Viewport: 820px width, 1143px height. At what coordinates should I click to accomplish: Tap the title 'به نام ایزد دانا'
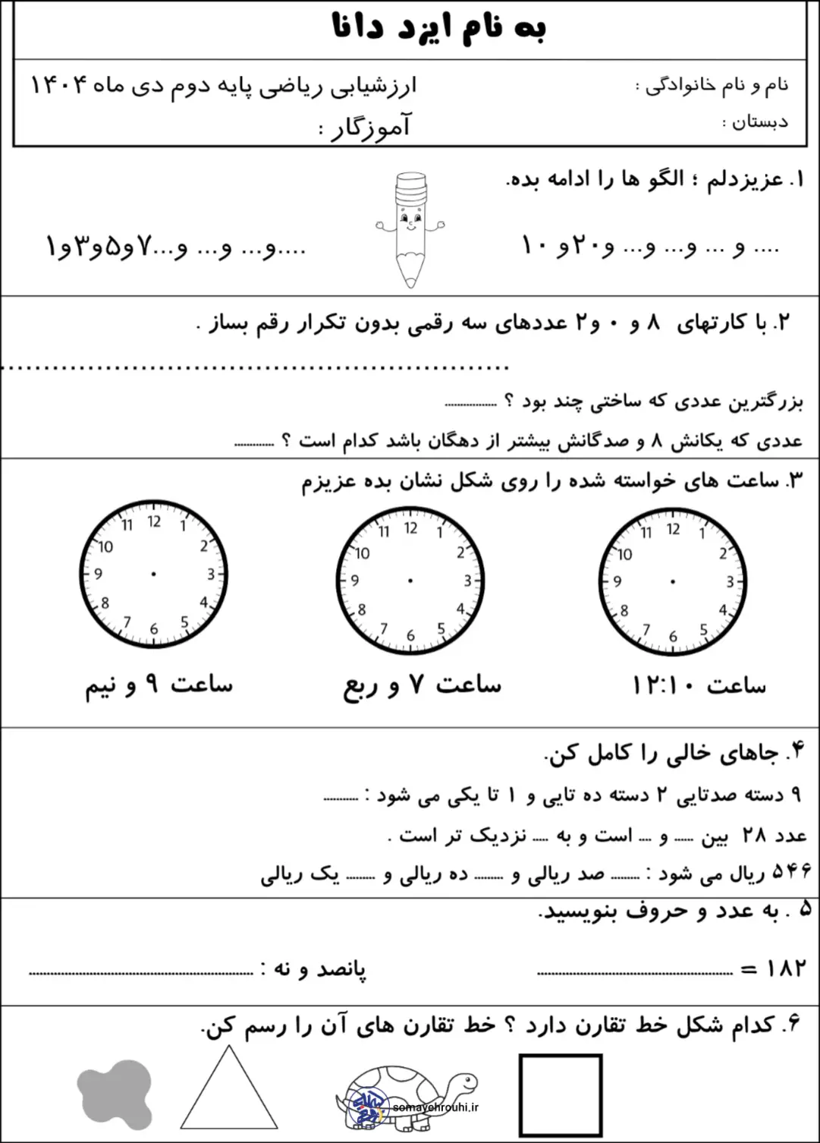(439, 28)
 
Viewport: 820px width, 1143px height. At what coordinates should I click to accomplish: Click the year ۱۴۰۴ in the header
(61, 85)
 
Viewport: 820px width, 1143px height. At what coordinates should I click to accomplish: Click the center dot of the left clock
(154, 574)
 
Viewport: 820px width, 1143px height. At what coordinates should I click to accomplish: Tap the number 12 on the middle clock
(410, 527)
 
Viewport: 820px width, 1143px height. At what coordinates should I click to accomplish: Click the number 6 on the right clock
(673, 637)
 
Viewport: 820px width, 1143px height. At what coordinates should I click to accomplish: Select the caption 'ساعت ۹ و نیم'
(159, 685)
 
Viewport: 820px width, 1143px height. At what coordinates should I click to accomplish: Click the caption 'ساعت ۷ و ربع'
(422, 685)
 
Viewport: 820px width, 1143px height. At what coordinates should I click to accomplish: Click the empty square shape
(561, 1093)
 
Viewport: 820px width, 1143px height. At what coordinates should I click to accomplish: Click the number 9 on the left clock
(98, 575)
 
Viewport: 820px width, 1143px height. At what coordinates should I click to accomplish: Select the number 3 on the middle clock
(467, 581)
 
